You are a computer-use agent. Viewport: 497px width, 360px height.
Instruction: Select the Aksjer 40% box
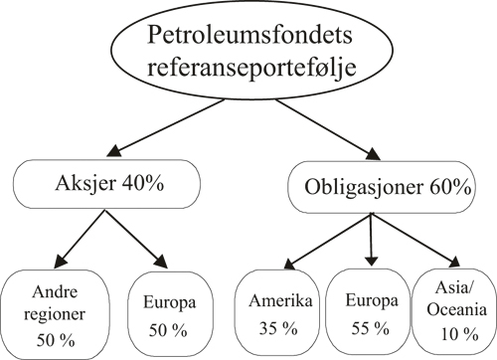pos(98,185)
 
